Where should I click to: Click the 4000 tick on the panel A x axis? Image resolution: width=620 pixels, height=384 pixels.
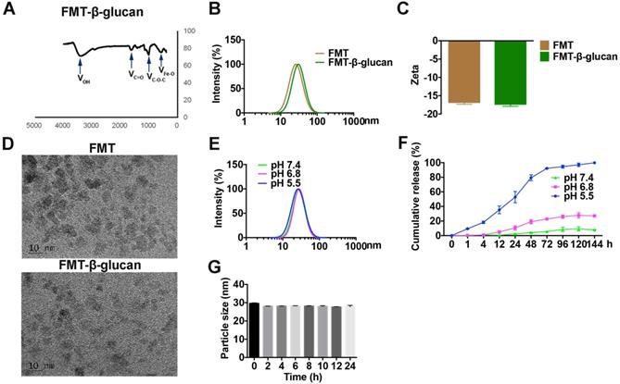63,124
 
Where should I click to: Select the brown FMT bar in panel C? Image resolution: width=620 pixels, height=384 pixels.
464,72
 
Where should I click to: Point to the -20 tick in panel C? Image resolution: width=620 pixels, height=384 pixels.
427,114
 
